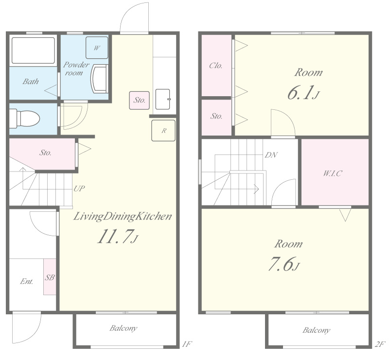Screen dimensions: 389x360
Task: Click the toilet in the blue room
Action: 25,119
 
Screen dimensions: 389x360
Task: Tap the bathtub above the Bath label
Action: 33,51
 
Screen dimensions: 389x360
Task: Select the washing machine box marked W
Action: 97,48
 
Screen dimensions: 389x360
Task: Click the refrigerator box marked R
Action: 163,131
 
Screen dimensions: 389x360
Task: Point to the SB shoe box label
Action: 50,277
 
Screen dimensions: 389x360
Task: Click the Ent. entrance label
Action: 27,281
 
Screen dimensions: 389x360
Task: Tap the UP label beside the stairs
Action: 79,189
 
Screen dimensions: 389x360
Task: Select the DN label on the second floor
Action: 271,155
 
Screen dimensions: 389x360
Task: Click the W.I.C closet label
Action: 332,173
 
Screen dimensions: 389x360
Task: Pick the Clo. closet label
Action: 215,66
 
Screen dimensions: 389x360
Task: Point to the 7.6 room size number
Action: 283,264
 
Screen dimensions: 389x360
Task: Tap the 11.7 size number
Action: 117,236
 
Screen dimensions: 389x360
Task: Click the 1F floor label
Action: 187,344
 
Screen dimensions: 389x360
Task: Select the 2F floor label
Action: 380,344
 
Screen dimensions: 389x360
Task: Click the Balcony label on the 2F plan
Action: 316,330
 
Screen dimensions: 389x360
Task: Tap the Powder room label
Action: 76,69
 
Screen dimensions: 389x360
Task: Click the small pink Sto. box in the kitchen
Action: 139,100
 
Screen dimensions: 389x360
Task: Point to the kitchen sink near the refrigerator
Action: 163,99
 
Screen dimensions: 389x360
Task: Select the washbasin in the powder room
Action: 99,79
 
